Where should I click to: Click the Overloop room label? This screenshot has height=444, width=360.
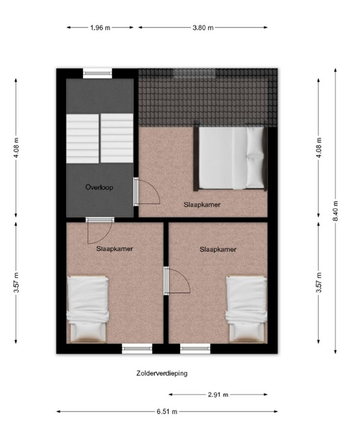(x=100, y=187)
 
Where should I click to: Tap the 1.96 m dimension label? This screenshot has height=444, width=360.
(x=100, y=28)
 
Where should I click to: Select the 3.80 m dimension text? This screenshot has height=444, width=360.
(x=203, y=28)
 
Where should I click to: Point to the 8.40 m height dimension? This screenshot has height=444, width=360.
(x=336, y=211)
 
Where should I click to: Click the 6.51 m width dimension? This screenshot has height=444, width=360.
(x=167, y=412)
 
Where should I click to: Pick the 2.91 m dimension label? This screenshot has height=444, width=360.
(x=218, y=395)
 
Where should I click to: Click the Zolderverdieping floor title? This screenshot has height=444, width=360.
(x=162, y=373)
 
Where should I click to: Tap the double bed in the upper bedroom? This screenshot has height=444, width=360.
(x=230, y=158)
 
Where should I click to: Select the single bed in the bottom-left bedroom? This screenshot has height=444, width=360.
(x=87, y=309)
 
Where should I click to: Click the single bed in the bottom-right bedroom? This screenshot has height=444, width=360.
(x=247, y=309)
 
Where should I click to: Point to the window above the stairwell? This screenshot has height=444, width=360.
(x=98, y=74)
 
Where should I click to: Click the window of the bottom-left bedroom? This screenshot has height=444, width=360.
(x=137, y=349)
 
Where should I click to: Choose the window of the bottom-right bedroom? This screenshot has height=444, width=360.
(x=195, y=349)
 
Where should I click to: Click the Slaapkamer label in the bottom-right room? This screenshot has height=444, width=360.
(x=218, y=249)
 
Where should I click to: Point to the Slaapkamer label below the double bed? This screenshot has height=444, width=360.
(x=202, y=205)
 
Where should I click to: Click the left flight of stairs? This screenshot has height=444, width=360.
(x=82, y=138)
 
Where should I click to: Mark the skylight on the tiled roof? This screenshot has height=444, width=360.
(x=195, y=73)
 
